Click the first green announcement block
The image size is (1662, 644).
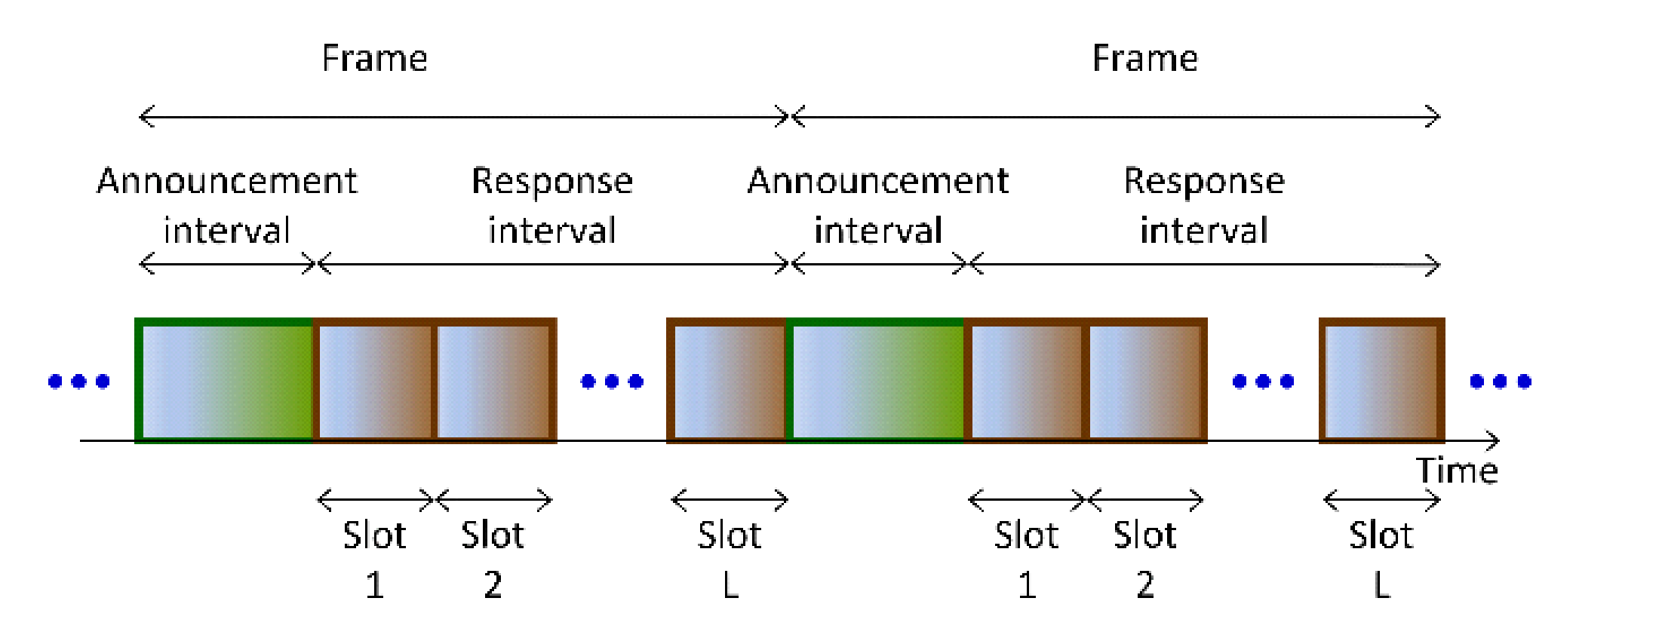(x=224, y=381)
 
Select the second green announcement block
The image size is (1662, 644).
(x=875, y=381)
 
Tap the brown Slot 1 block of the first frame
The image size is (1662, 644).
(x=374, y=381)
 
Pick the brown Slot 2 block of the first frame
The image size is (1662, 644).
(x=494, y=381)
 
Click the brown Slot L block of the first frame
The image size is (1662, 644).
(x=727, y=381)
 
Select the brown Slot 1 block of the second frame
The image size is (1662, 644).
(x=1026, y=381)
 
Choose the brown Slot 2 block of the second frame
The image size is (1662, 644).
(x=1145, y=381)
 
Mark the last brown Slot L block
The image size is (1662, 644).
(x=1381, y=381)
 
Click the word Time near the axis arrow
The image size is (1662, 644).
(x=1456, y=471)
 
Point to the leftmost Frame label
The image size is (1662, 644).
(x=374, y=58)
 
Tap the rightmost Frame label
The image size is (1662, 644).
(x=1144, y=58)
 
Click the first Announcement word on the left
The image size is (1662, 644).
(x=226, y=181)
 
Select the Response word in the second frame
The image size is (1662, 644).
(x=1203, y=181)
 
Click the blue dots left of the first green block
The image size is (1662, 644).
(x=79, y=382)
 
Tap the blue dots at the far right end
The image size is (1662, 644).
(x=1500, y=382)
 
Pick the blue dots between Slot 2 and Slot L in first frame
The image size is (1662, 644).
(x=612, y=382)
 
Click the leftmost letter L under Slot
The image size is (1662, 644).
(x=730, y=585)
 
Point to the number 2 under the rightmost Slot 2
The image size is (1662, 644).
(x=1145, y=585)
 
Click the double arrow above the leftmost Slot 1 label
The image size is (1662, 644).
(x=375, y=499)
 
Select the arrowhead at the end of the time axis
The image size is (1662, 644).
(x=1493, y=440)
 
